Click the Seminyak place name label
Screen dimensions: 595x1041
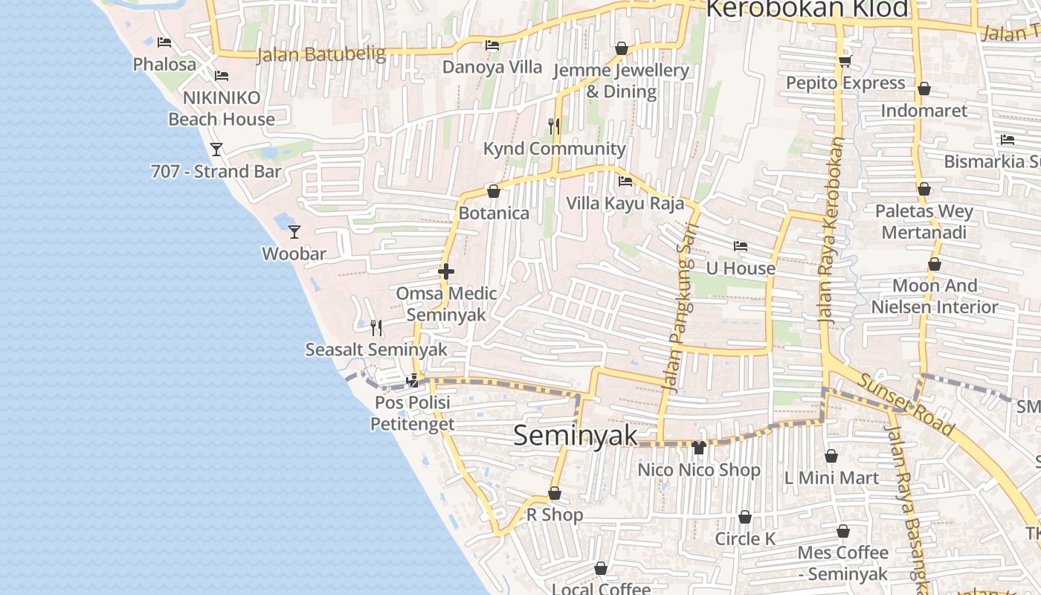(576, 436)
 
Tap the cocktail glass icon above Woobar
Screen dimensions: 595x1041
(294, 231)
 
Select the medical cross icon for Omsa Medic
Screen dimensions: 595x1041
(446, 271)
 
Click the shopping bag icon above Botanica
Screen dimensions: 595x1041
(493, 191)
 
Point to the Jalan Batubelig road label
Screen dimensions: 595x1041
(321, 54)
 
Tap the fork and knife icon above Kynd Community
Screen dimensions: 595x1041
(553, 126)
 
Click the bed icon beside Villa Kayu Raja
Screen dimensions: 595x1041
(625, 181)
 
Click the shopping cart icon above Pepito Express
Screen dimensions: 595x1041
(845, 61)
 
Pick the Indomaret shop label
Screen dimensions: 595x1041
(924, 111)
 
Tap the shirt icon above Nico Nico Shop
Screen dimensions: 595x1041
(698, 447)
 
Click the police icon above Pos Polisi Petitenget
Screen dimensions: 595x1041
(412, 381)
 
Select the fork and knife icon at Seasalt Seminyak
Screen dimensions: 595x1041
(376, 327)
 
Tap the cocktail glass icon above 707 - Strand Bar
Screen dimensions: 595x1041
(216, 149)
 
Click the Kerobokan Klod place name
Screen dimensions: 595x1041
(807, 9)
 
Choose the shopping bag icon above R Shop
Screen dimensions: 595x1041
(554, 493)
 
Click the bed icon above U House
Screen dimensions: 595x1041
(740, 245)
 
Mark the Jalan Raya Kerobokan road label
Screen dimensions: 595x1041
(831, 231)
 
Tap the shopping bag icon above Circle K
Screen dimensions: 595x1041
(744, 517)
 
